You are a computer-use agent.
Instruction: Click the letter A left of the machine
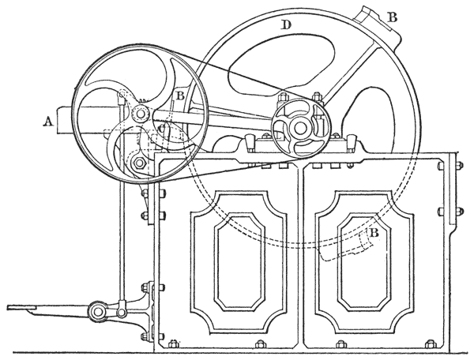coord(49,120)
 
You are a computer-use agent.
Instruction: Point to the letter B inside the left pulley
coord(180,97)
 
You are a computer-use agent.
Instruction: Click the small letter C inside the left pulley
coord(160,127)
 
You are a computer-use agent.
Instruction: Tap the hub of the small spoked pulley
coord(299,127)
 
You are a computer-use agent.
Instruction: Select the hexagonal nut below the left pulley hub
coord(139,163)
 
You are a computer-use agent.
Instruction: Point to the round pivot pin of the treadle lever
coord(99,313)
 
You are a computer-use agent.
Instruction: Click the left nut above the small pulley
coord(280,99)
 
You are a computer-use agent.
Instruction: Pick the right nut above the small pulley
coord(316,98)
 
